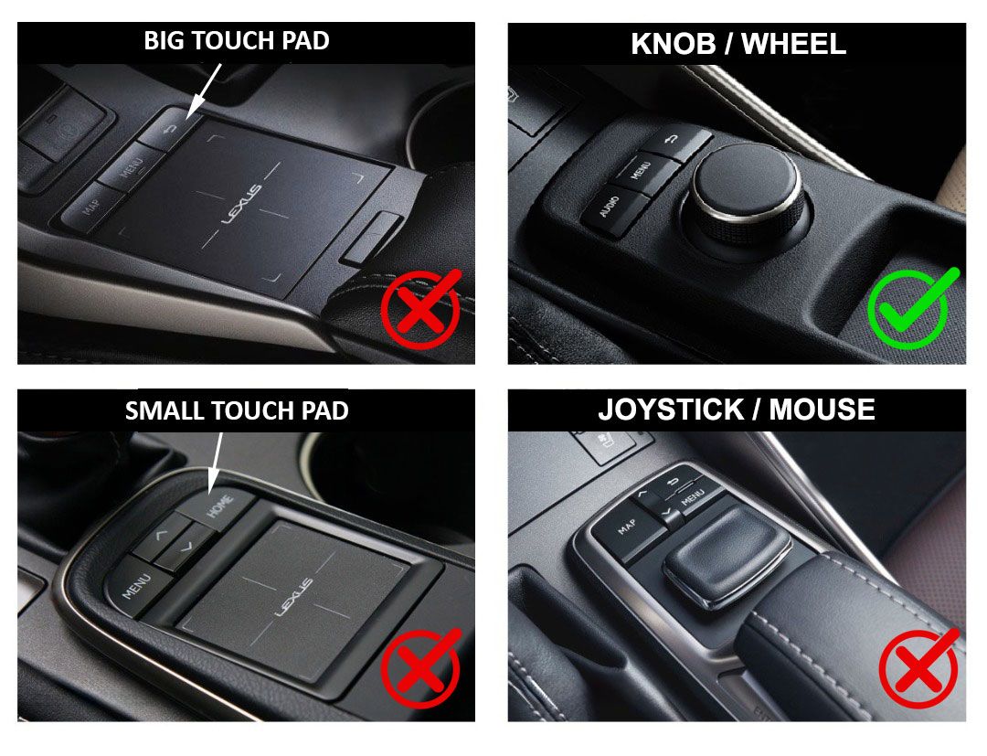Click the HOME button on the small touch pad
point(220,507)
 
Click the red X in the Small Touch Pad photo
point(420,668)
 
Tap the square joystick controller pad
point(727,553)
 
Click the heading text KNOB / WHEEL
point(738,44)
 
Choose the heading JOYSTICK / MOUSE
point(737,410)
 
